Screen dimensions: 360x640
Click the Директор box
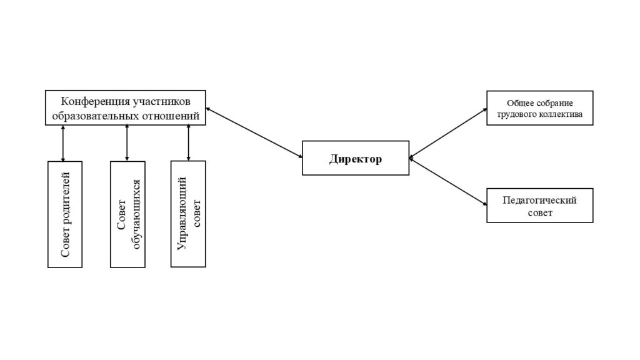click(x=356, y=157)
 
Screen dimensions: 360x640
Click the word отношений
click(x=170, y=116)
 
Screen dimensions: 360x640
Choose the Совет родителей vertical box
click(x=65, y=214)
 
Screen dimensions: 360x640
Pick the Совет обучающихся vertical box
click(x=127, y=214)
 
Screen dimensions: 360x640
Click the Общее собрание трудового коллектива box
click(x=539, y=107)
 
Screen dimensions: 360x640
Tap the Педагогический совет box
click(x=539, y=205)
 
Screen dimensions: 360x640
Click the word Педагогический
click(x=539, y=200)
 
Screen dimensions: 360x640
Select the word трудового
click(x=516, y=114)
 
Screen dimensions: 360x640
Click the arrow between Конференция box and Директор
click(x=254, y=133)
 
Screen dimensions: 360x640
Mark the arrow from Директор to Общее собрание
click(x=448, y=132)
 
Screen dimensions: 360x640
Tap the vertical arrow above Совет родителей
click(x=63, y=142)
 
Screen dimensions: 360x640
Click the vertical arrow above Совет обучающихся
click(x=127, y=142)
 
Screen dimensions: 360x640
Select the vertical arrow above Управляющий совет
click(x=188, y=142)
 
